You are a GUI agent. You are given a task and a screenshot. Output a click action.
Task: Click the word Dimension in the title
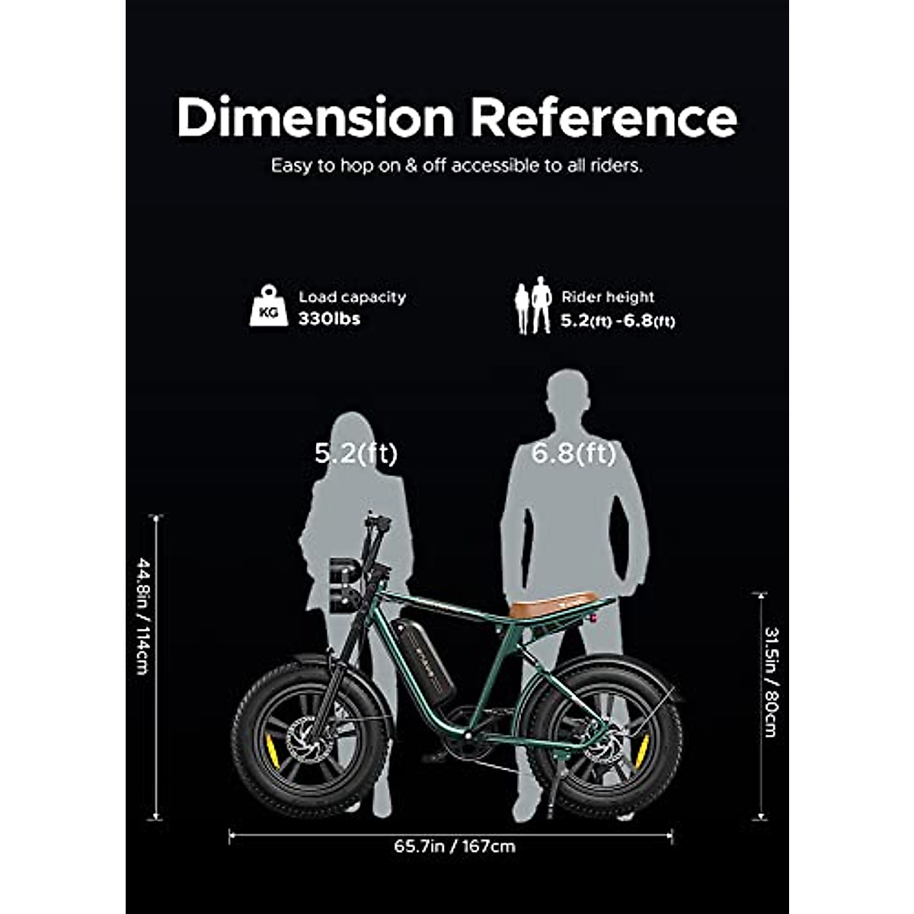pyautogui.click(x=315, y=118)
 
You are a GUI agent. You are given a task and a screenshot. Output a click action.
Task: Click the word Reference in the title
pyautogui.click(x=603, y=118)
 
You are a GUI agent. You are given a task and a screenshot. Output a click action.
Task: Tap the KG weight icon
pyautogui.click(x=269, y=306)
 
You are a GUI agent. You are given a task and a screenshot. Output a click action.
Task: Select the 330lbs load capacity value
pyautogui.click(x=329, y=318)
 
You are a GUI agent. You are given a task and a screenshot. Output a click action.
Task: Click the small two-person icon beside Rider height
pyautogui.click(x=533, y=305)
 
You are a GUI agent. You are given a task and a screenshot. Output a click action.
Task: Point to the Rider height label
pyautogui.click(x=608, y=297)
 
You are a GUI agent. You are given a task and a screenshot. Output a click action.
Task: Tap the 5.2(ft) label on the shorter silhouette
pyautogui.click(x=356, y=454)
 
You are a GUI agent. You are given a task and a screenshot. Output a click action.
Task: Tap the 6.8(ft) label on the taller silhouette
pyautogui.click(x=574, y=454)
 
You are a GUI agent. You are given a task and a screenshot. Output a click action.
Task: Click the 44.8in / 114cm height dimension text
pyautogui.click(x=142, y=616)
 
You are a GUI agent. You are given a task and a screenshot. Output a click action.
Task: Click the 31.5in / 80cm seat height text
pyautogui.click(x=771, y=682)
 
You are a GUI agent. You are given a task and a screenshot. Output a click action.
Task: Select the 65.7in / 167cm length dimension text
pyautogui.click(x=455, y=846)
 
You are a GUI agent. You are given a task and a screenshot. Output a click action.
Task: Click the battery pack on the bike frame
pyautogui.click(x=423, y=659)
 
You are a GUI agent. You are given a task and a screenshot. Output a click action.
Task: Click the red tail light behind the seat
pyautogui.click(x=590, y=618)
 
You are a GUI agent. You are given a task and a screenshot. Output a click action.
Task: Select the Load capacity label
pyautogui.click(x=352, y=297)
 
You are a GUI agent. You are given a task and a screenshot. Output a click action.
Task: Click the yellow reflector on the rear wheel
pyautogui.click(x=642, y=750)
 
